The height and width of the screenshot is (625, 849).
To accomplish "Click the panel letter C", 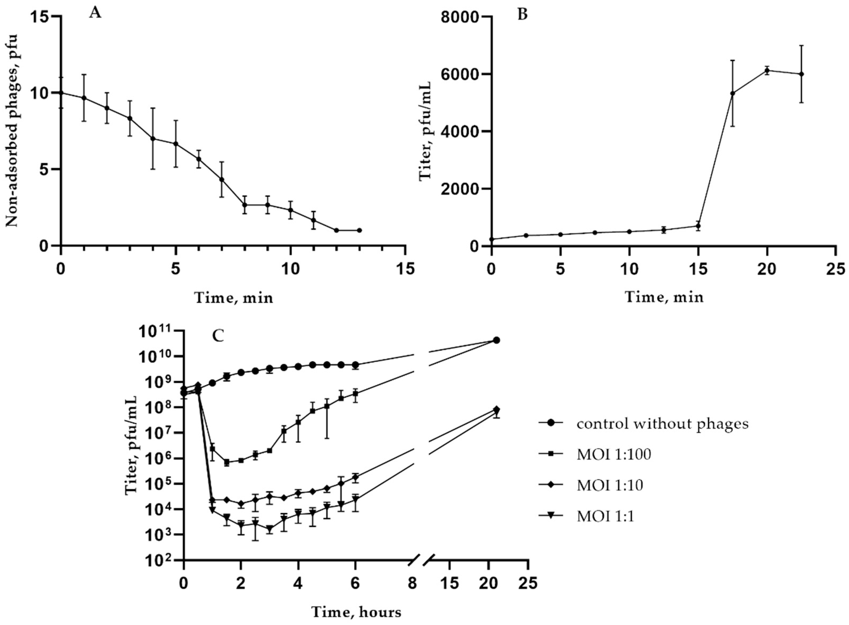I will click(x=218, y=335).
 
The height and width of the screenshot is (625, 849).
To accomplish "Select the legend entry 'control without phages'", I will click(x=662, y=424).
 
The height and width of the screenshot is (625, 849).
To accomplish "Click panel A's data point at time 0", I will click(x=61, y=93).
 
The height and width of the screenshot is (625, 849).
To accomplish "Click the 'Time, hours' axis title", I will click(x=356, y=612).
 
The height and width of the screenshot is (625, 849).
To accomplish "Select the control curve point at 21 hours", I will click(x=496, y=340).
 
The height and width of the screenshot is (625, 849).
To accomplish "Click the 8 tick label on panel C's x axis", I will click(x=412, y=583).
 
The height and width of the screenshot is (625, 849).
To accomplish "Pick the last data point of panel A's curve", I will click(x=359, y=230).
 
